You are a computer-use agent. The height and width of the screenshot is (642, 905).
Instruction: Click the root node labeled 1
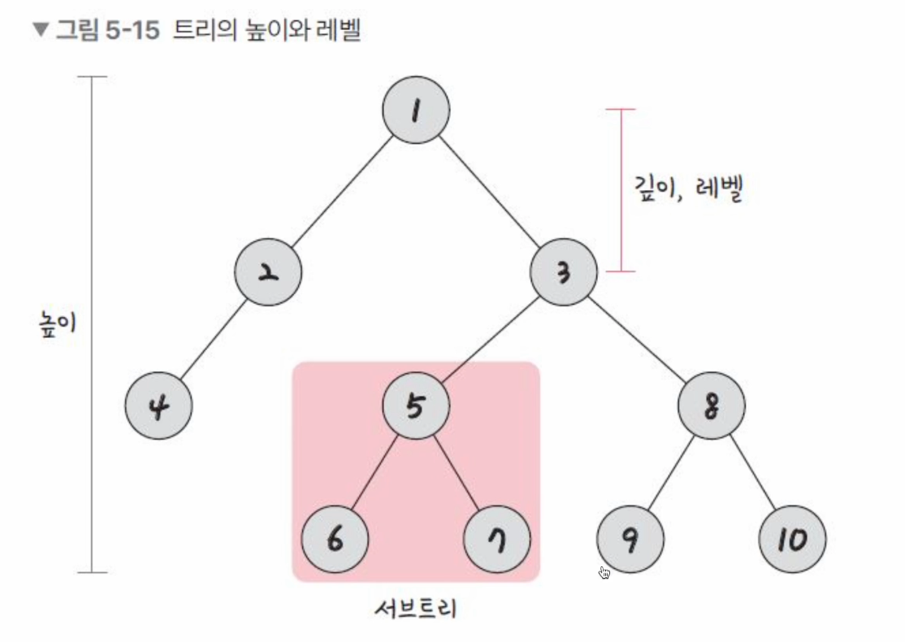(415, 111)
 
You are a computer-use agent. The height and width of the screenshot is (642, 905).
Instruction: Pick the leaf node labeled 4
(158, 405)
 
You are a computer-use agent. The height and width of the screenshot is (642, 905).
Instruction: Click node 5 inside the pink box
(415, 405)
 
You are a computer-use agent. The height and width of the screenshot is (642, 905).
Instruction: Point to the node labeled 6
(334, 539)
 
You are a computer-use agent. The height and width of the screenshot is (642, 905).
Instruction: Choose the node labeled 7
(496, 539)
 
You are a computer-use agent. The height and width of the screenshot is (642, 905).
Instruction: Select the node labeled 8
(711, 405)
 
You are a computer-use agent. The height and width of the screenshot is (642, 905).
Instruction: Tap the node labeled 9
(630, 539)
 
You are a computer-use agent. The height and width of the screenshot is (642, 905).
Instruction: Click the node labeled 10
(792, 539)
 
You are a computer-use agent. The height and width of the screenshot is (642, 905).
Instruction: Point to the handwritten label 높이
(54, 323)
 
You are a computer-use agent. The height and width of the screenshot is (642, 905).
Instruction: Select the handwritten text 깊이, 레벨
(687, 189)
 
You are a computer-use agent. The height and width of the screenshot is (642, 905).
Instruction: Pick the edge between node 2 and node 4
(213, 339)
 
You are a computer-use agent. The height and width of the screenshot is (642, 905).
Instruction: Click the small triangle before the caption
(41, 32)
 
